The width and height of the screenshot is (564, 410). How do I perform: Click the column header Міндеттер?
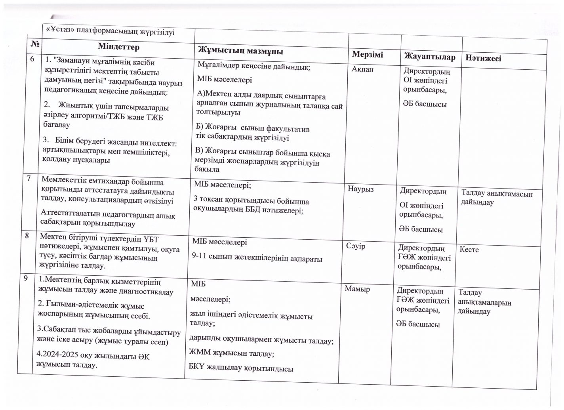(x=119, y=47)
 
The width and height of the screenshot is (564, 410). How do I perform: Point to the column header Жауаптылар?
(x=429, y=57)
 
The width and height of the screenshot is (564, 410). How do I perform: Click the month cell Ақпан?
(x=363, y=69)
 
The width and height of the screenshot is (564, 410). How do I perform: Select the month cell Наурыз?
(x=361, y=189)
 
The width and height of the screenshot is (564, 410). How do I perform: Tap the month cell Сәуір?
(x=356, y=246)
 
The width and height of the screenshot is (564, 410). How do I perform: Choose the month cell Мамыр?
(x=357, y=289)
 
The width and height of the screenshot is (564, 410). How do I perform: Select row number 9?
(x=25, y=278)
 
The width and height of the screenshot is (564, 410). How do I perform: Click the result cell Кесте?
(x=469, y=250)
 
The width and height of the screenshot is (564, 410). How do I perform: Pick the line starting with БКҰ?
(x=241, y=368)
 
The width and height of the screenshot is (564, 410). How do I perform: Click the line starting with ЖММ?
(x=232, y=353)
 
